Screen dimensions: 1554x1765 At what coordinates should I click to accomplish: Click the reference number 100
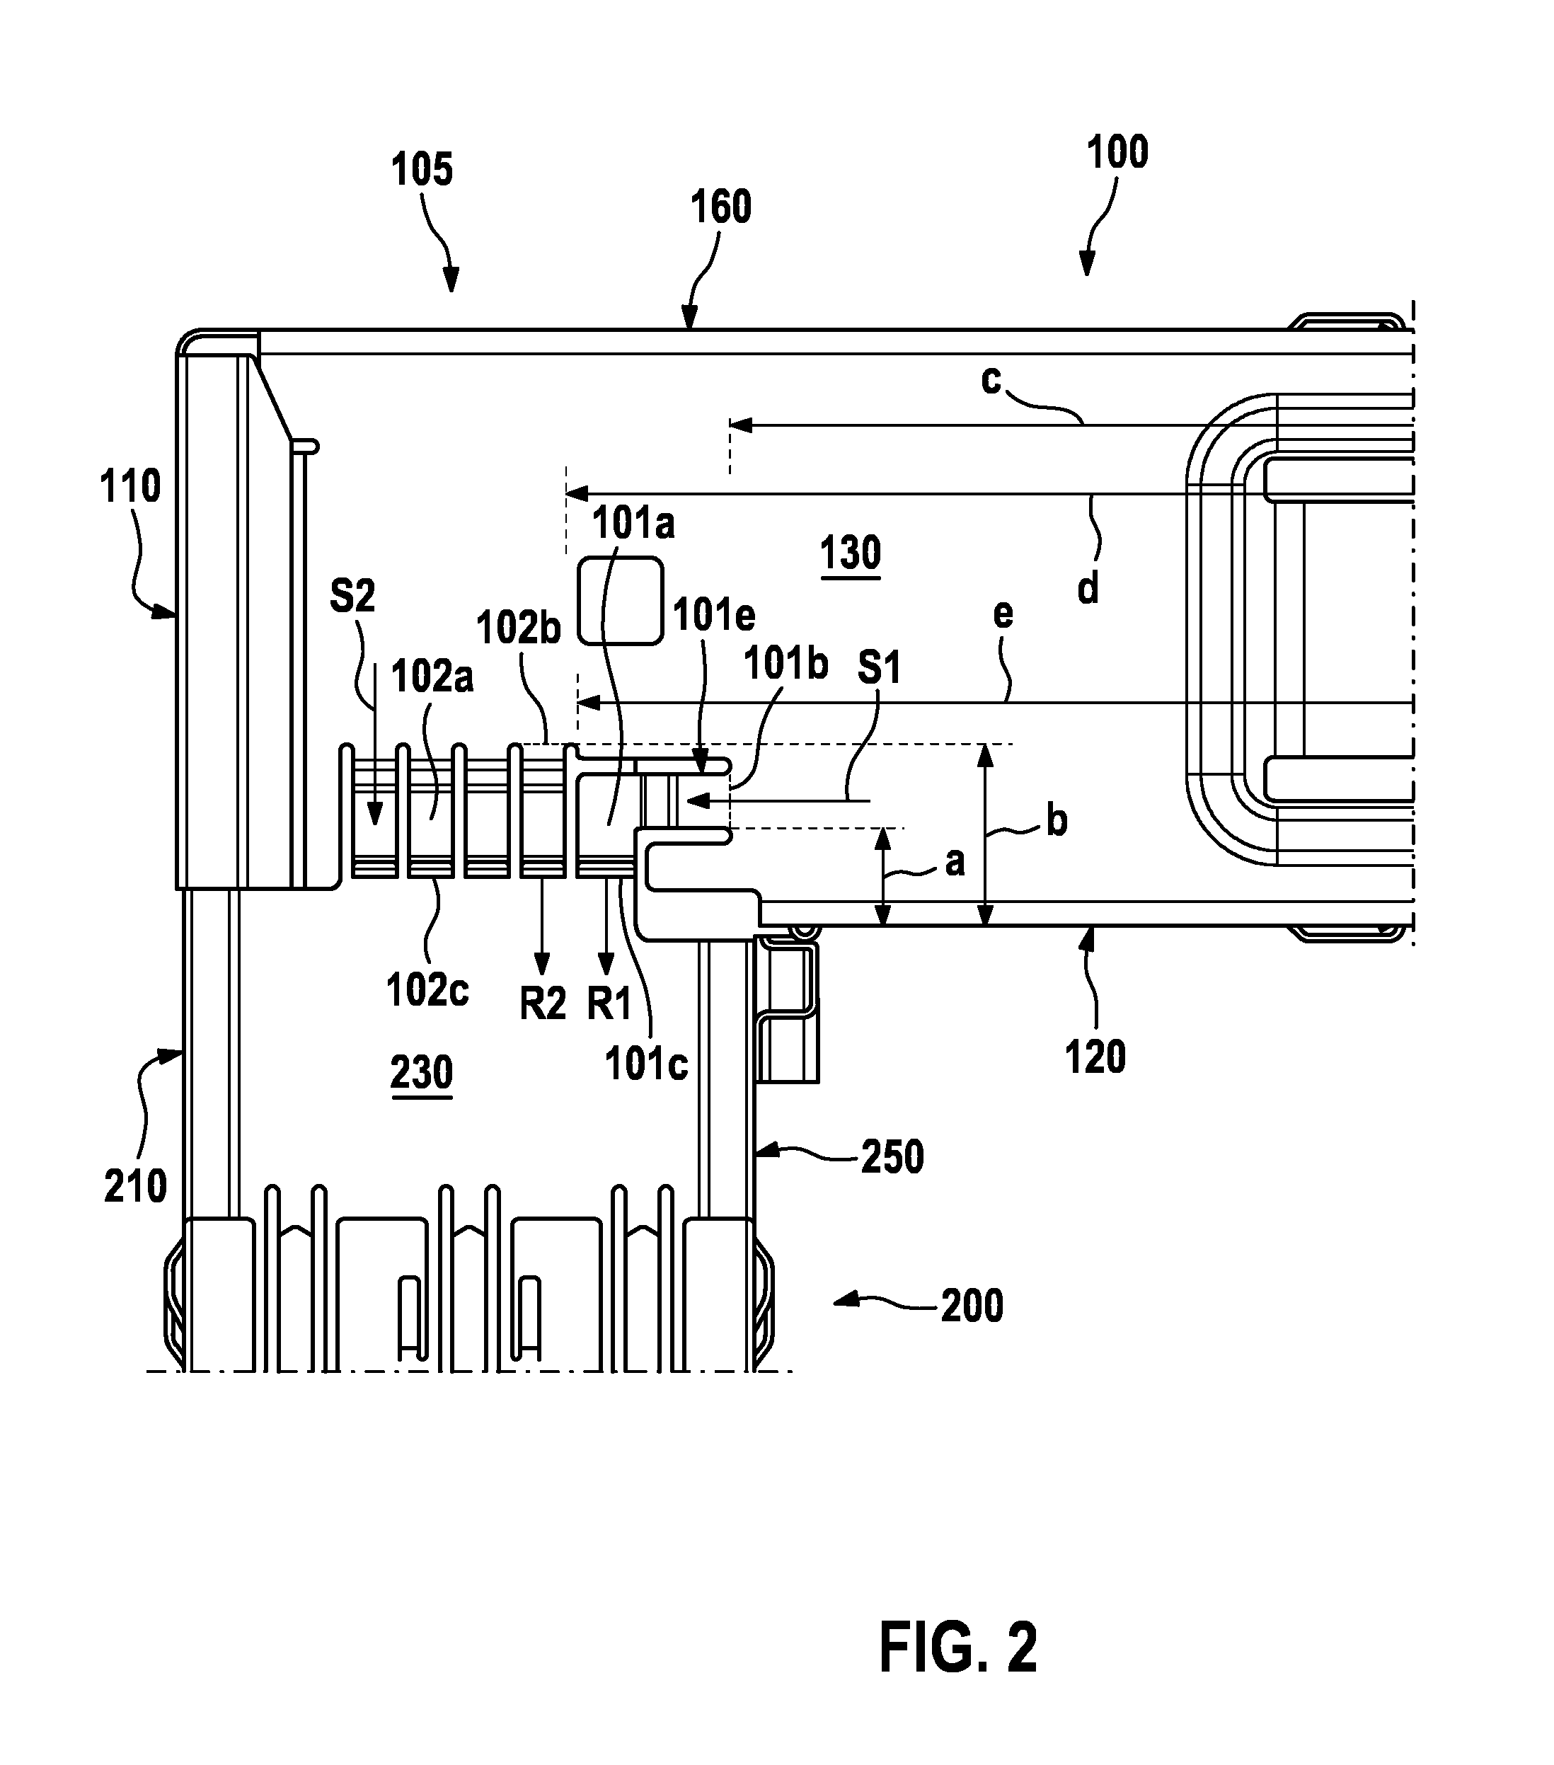[1117, 152]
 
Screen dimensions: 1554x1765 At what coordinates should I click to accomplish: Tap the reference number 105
[422, 169]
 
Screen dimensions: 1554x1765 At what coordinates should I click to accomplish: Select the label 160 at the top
[721, 207]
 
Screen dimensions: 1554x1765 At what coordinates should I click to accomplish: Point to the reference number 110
[130, 487]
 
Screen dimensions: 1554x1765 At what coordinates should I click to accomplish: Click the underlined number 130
[851, 553]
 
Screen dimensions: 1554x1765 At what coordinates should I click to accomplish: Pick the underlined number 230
[421, 1074]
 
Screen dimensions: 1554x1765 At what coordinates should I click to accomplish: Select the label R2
[543, 1004]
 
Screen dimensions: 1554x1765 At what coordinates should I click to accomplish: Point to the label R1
[609, 1004]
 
